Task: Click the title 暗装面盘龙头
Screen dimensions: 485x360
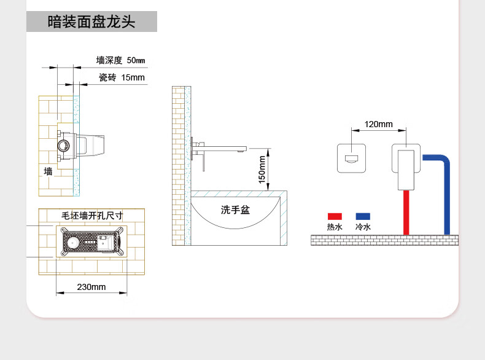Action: click(91, 22)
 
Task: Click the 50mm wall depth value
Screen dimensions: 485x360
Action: click(136, 60)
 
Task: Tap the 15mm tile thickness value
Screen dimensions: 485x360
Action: click(133, 77)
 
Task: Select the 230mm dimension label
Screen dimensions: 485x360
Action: click(91, 287)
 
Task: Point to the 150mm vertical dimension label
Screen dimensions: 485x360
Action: click(262, 170)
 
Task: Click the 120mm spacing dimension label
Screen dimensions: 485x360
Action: click(379, 124)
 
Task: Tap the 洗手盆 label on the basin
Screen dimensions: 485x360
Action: click(235, 210)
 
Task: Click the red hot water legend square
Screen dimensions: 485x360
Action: click(335, 216)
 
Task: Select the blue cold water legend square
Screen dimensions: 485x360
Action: click(363, 216)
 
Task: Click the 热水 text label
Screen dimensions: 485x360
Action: click(335, 227)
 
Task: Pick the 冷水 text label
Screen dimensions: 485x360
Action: click(363, 227)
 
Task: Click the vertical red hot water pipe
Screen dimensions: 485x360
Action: click(406, 213)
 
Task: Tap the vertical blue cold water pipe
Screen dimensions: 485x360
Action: click(447, 198)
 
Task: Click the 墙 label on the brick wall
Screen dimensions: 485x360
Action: click(48, 171)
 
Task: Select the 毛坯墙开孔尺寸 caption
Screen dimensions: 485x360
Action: click(92, 216)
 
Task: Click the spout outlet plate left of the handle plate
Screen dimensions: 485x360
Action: click(351, 158)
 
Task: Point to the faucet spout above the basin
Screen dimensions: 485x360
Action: click(222, 149)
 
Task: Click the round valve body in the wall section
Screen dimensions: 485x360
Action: click(64, 146)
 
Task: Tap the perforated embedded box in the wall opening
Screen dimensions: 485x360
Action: click(91, 242)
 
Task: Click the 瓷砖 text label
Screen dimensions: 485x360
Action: click(107, 77)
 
